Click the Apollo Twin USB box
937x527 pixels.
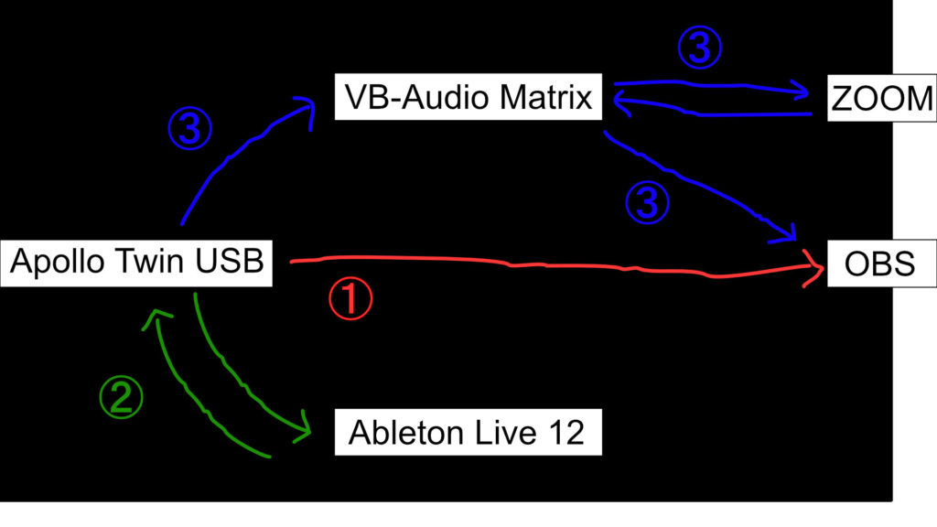(x=137, y=263)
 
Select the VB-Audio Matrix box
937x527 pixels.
(x=468, y=96)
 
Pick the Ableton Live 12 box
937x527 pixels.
(x=467, y=433)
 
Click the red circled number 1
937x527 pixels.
(x=352, y=300)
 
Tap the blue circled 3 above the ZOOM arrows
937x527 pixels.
(x=698, y=49)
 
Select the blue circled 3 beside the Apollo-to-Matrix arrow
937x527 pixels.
(x=189, y=130)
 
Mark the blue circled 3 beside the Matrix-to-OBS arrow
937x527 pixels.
(x=647, y=202)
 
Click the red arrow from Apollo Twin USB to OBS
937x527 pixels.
(x=549, y=266)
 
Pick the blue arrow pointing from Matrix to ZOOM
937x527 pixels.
(x=714, y=88)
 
